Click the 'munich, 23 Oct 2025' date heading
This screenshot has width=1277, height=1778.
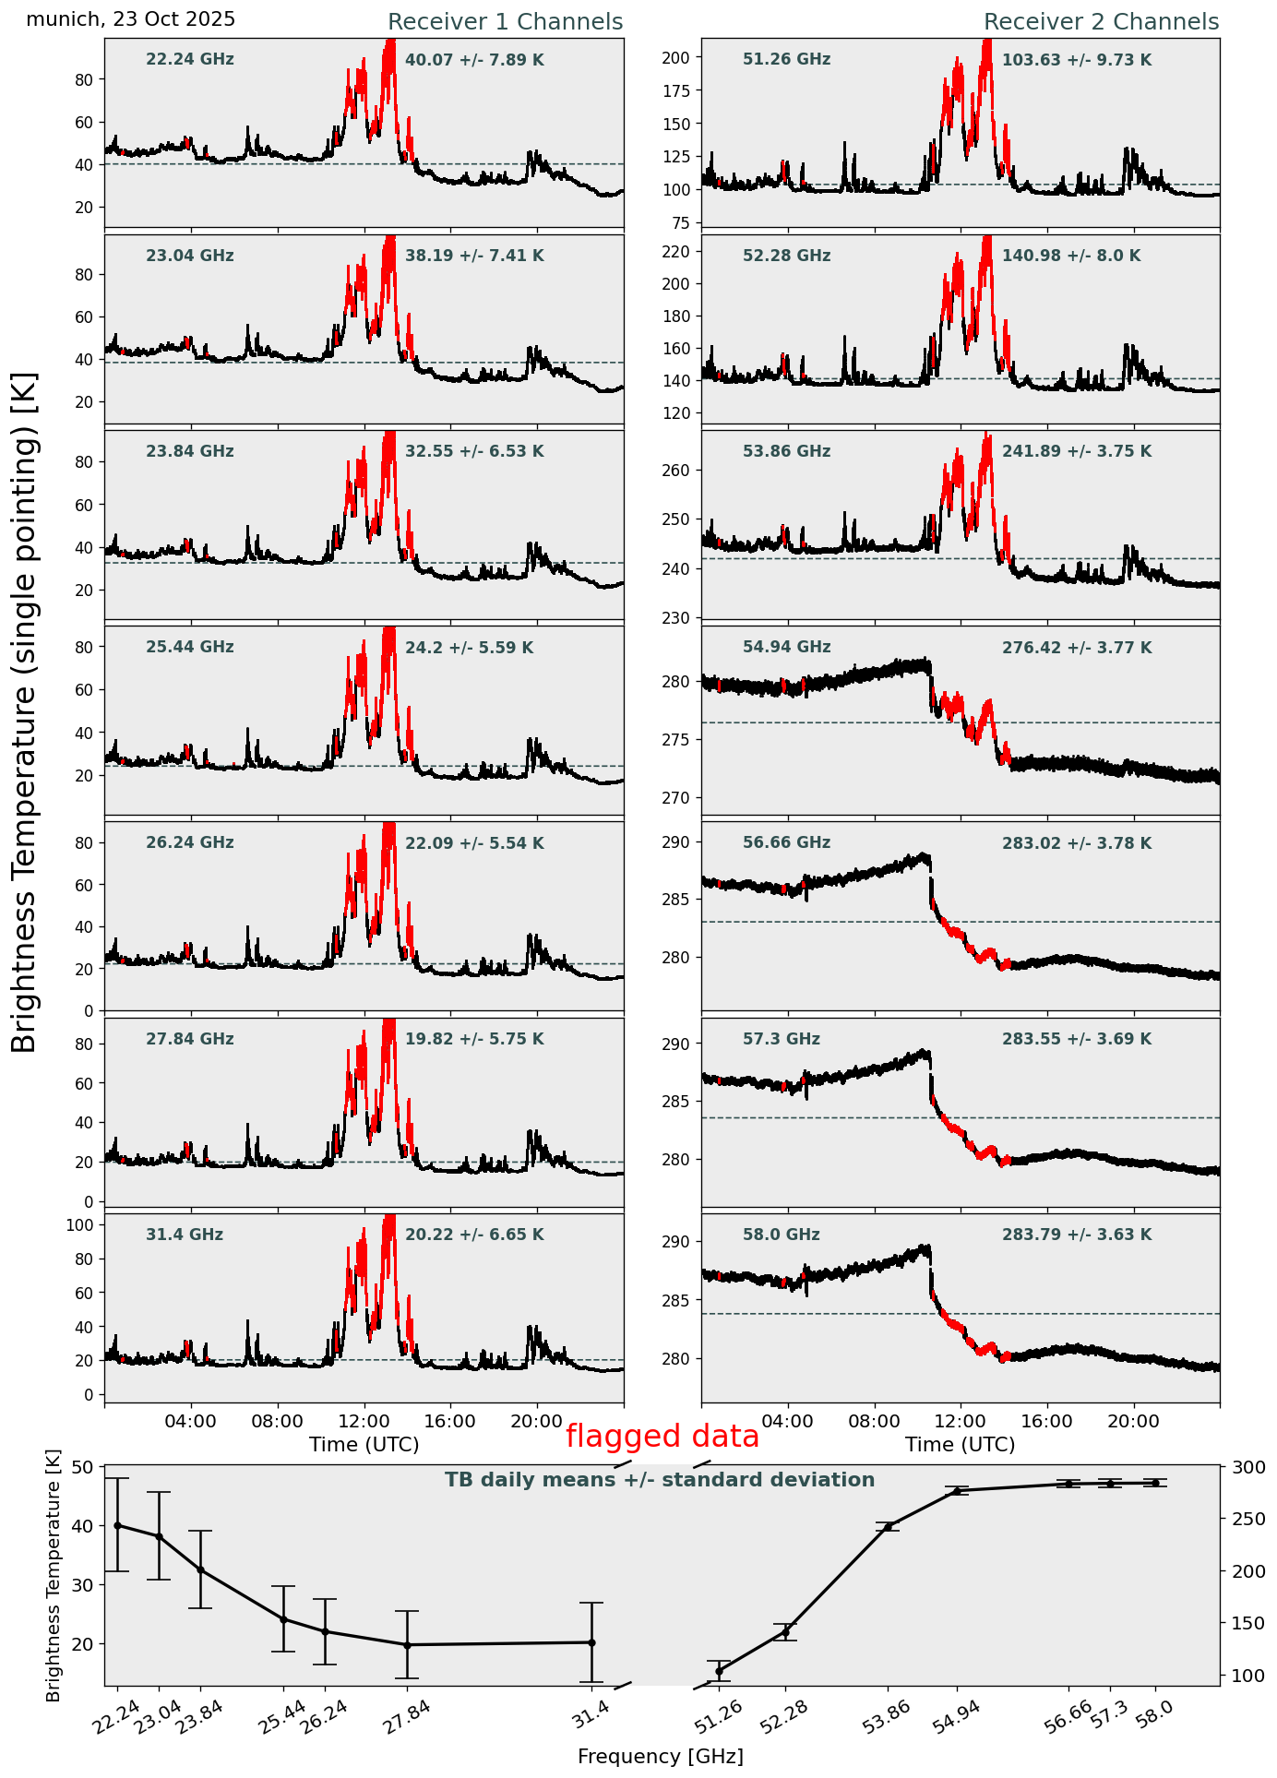point(130,19)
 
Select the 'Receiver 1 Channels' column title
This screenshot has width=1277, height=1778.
point(505,22)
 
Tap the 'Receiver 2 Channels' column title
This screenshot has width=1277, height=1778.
point(1101,22)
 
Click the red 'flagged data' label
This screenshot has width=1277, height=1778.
point(662,1437)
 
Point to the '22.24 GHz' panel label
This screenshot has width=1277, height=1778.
point(190,60)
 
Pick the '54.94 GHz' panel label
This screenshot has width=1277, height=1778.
point(786,648)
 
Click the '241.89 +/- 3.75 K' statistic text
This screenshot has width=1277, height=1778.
point(1077,452)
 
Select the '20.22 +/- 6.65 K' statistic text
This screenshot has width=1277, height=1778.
point(474,1235)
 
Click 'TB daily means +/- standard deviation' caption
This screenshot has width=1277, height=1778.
point(660,1480)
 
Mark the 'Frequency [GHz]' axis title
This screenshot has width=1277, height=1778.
point(660,1756)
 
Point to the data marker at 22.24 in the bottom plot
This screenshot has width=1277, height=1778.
point(117,1525)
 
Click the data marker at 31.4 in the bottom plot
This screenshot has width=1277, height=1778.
point(591,1642)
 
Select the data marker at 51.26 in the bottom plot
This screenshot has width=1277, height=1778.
point(719,1671)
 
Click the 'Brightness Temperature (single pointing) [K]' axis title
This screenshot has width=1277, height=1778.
point(25,711)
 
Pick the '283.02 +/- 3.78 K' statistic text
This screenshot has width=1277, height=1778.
point(1077,843)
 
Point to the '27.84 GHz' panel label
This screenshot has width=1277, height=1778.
point(190,1039)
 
